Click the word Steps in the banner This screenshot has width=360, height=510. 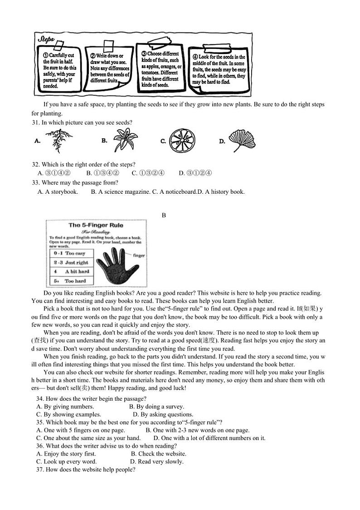[x=46, y=39]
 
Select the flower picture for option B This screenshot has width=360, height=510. [x=123, y=140]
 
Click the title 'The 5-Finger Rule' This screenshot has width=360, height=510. [x=96, y=225]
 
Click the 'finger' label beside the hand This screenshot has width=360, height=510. [x=139, y=255]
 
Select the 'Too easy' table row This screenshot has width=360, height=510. [x=71, y=253]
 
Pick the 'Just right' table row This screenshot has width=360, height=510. [x=71, y=262]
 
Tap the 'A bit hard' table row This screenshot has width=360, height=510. [x=71, y=271]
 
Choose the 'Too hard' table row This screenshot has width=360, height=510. [x=71, y=281]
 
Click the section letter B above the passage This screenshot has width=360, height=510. [x=164, y=215]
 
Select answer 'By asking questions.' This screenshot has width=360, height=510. [x=163, y=414]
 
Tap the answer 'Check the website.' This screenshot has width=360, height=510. [x=158, y=454]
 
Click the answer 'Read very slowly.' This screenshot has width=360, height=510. [x=156, y=461]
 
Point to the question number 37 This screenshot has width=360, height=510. [x=39, y=470]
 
